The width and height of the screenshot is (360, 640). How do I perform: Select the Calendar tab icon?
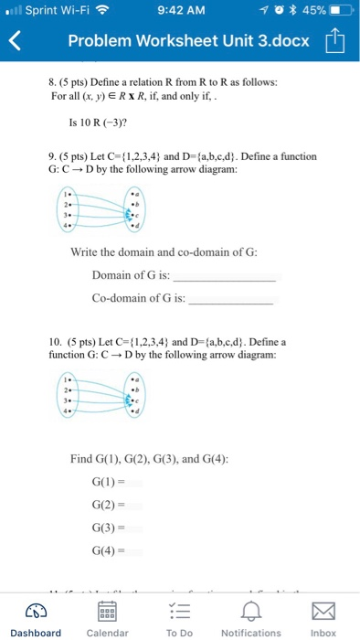point(106,610)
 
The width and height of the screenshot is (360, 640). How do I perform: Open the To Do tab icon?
point(179,610)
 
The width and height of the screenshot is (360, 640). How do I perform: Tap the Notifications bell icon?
point(250,610)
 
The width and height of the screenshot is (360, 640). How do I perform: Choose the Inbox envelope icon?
point(323,610)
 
